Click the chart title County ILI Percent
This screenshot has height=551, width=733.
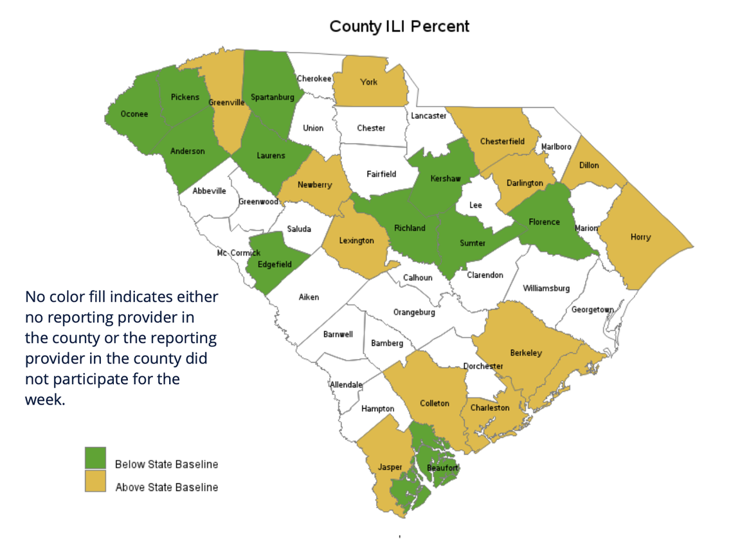(x=399, y=26)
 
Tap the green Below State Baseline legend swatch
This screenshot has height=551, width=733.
(x=95, y=458)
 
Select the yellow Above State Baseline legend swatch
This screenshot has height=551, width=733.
(x=95, y=481)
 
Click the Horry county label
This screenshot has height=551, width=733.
(x=640, y=237)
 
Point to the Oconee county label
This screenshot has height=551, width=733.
(x=134, y=114)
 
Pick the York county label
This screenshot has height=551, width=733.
(x=368, y=82)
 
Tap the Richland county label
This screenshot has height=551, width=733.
(x=410, y=228)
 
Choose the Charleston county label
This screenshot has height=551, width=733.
(x=490, y=408)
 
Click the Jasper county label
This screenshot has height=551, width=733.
(x=390, y=467)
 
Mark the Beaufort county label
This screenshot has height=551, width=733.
(x=442, y=468)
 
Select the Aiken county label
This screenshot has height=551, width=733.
(x=309, y=297)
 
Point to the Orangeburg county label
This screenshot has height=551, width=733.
(x=414, y=313)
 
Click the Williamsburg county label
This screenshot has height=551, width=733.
(x=546, y=288)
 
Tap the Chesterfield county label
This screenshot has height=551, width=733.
(x=502, y=141)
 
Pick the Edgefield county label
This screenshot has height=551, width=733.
(x=275, y=265)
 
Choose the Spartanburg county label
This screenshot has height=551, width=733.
(x=272, y=98)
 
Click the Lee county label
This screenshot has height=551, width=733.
(x=476, y=205)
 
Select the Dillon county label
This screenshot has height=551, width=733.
(x=589, y=165)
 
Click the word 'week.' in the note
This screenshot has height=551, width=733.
(x=45, y=399)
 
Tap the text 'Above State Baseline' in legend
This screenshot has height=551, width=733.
(x=167, y=487)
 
